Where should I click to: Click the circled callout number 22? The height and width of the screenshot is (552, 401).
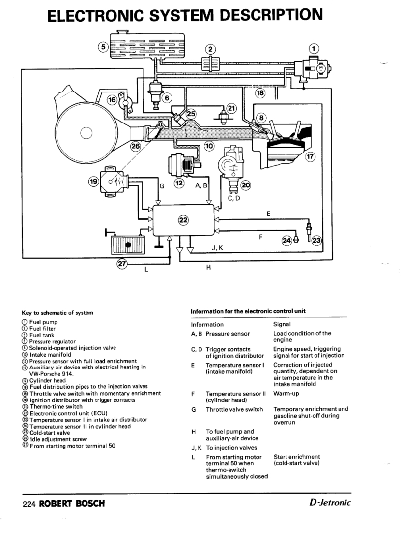183,220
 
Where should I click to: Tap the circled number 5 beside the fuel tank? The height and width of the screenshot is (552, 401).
103,47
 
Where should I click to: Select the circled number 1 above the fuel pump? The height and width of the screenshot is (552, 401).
314,48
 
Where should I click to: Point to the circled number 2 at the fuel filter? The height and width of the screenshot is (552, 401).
210,49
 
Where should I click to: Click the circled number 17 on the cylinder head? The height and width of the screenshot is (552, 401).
310,157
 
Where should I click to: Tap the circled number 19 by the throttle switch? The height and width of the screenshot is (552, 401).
93,182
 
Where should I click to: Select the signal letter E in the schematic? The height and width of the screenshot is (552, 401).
268,214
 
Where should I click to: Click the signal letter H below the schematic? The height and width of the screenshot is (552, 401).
208,268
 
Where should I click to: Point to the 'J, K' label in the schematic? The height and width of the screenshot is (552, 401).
217,248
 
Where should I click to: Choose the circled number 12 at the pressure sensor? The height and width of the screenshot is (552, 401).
179,183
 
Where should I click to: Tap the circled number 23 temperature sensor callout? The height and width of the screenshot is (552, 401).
316,240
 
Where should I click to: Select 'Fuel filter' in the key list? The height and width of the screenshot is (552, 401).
42,329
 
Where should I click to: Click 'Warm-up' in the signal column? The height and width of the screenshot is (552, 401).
287,394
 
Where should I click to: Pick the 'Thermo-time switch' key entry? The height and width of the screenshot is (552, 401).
56,407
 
